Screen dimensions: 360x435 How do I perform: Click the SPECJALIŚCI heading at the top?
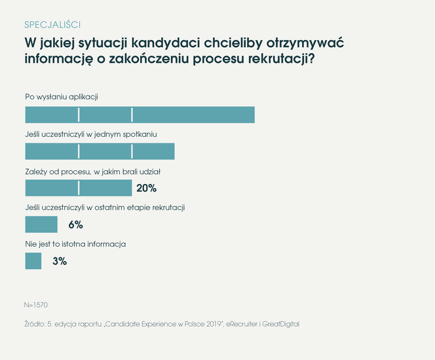pos(52,25)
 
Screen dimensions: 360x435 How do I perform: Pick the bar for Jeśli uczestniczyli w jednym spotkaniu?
pos(100,151)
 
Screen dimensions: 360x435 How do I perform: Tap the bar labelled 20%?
pos(78,188)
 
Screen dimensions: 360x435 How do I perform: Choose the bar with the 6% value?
pos(41,225)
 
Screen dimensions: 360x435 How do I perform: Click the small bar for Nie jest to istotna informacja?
pos(33,261)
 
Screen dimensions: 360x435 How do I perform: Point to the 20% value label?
pos(146,189)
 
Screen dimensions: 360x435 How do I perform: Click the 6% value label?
pos(75,225)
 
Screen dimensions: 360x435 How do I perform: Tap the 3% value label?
pos(60,261)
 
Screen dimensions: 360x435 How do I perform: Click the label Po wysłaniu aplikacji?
pos(62,97)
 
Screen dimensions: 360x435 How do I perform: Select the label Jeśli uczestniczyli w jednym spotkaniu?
pos(91,134)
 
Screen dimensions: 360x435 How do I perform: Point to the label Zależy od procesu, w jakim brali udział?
pos(93,171)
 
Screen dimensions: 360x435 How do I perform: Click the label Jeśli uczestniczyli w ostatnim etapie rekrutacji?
pos(105,207)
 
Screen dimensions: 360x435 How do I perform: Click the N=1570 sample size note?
pos(36,305)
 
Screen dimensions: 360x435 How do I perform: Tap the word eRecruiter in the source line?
pos(248,324)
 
